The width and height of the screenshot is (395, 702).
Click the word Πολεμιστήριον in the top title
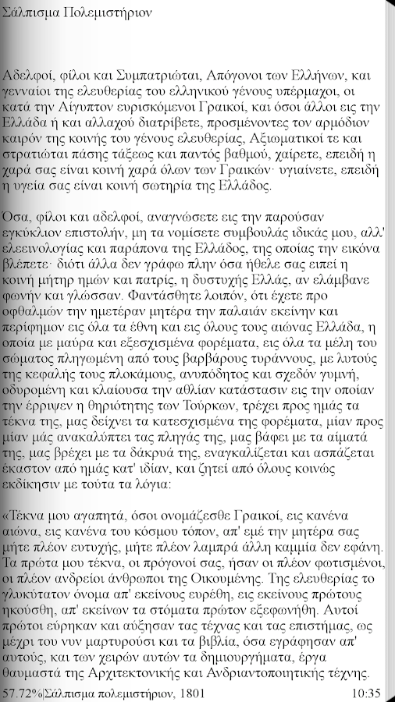pos(101,14)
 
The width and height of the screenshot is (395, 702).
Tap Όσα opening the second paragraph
pos(16,215)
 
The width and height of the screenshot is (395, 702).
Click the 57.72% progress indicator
pos(20,693)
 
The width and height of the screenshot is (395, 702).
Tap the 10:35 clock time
pos(366,693)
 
